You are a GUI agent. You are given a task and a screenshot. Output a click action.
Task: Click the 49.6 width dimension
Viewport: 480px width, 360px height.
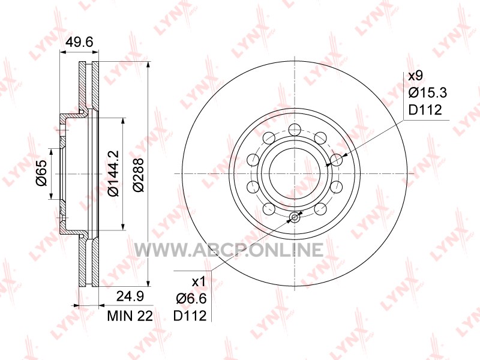(x=80, y=42)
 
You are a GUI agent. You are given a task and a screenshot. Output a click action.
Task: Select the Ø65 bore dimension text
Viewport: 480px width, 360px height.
(x=41, y=173)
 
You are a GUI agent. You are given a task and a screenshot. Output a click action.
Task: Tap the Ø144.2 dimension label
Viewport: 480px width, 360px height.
(x=113, y=173)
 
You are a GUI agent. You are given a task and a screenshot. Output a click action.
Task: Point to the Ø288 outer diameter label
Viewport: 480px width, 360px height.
(x=139, y=175)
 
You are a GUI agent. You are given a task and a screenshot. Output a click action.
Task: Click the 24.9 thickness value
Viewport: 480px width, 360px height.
(x=130, y=296)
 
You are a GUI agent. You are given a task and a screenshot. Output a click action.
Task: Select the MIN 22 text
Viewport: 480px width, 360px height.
(x=130, y=316)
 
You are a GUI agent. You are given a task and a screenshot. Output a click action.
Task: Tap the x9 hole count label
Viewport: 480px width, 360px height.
(x=416, y=76)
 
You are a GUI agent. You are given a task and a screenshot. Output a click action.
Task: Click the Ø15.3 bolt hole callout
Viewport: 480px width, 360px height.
(x=428, y=92)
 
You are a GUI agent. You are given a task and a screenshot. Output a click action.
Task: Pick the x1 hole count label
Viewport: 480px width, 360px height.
(x=199, y=281)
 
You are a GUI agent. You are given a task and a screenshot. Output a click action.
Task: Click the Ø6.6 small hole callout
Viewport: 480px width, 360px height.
(x=191, y=298)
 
